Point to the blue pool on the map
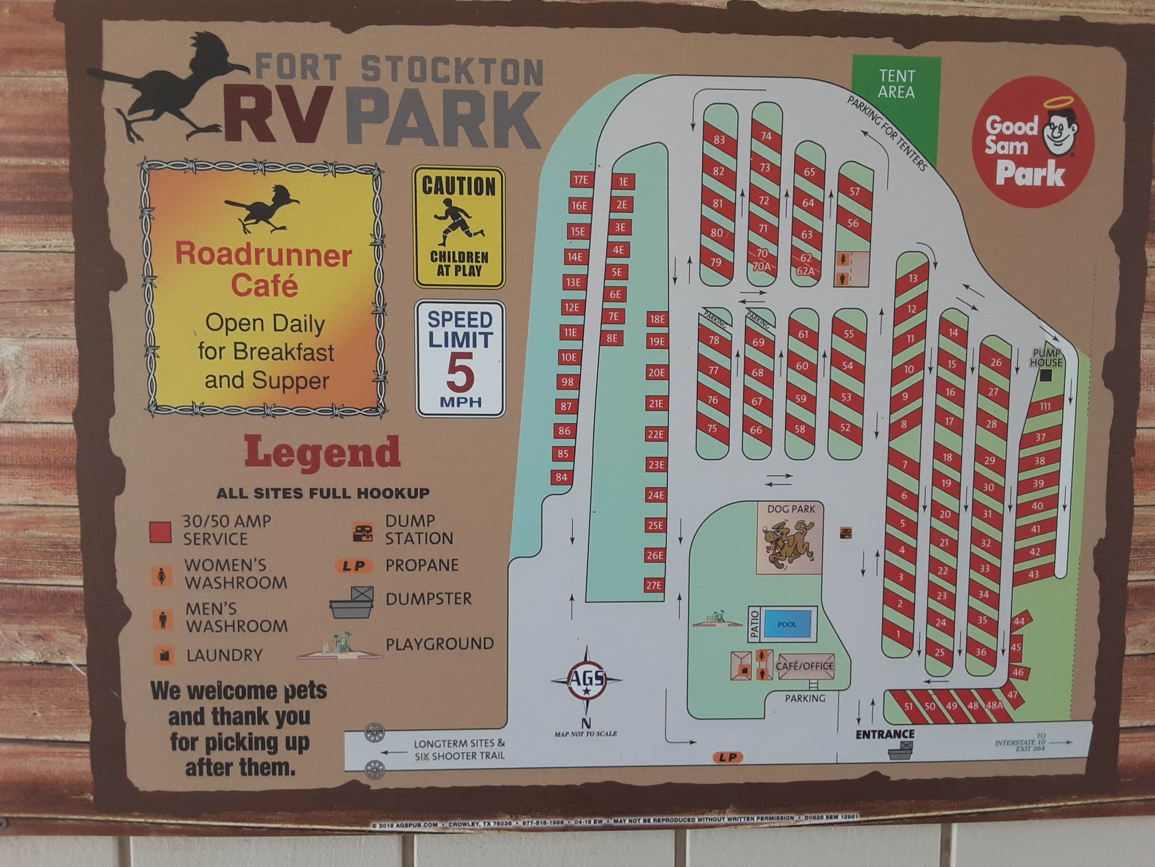(787, 624)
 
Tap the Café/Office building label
(804, 666)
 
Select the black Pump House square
(1045, 375)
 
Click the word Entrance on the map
(885, 734)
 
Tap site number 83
(719, 140)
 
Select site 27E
(654, 585)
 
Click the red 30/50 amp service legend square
(160, 532)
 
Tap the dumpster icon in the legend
(352, 601)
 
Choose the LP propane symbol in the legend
(354, 566)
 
